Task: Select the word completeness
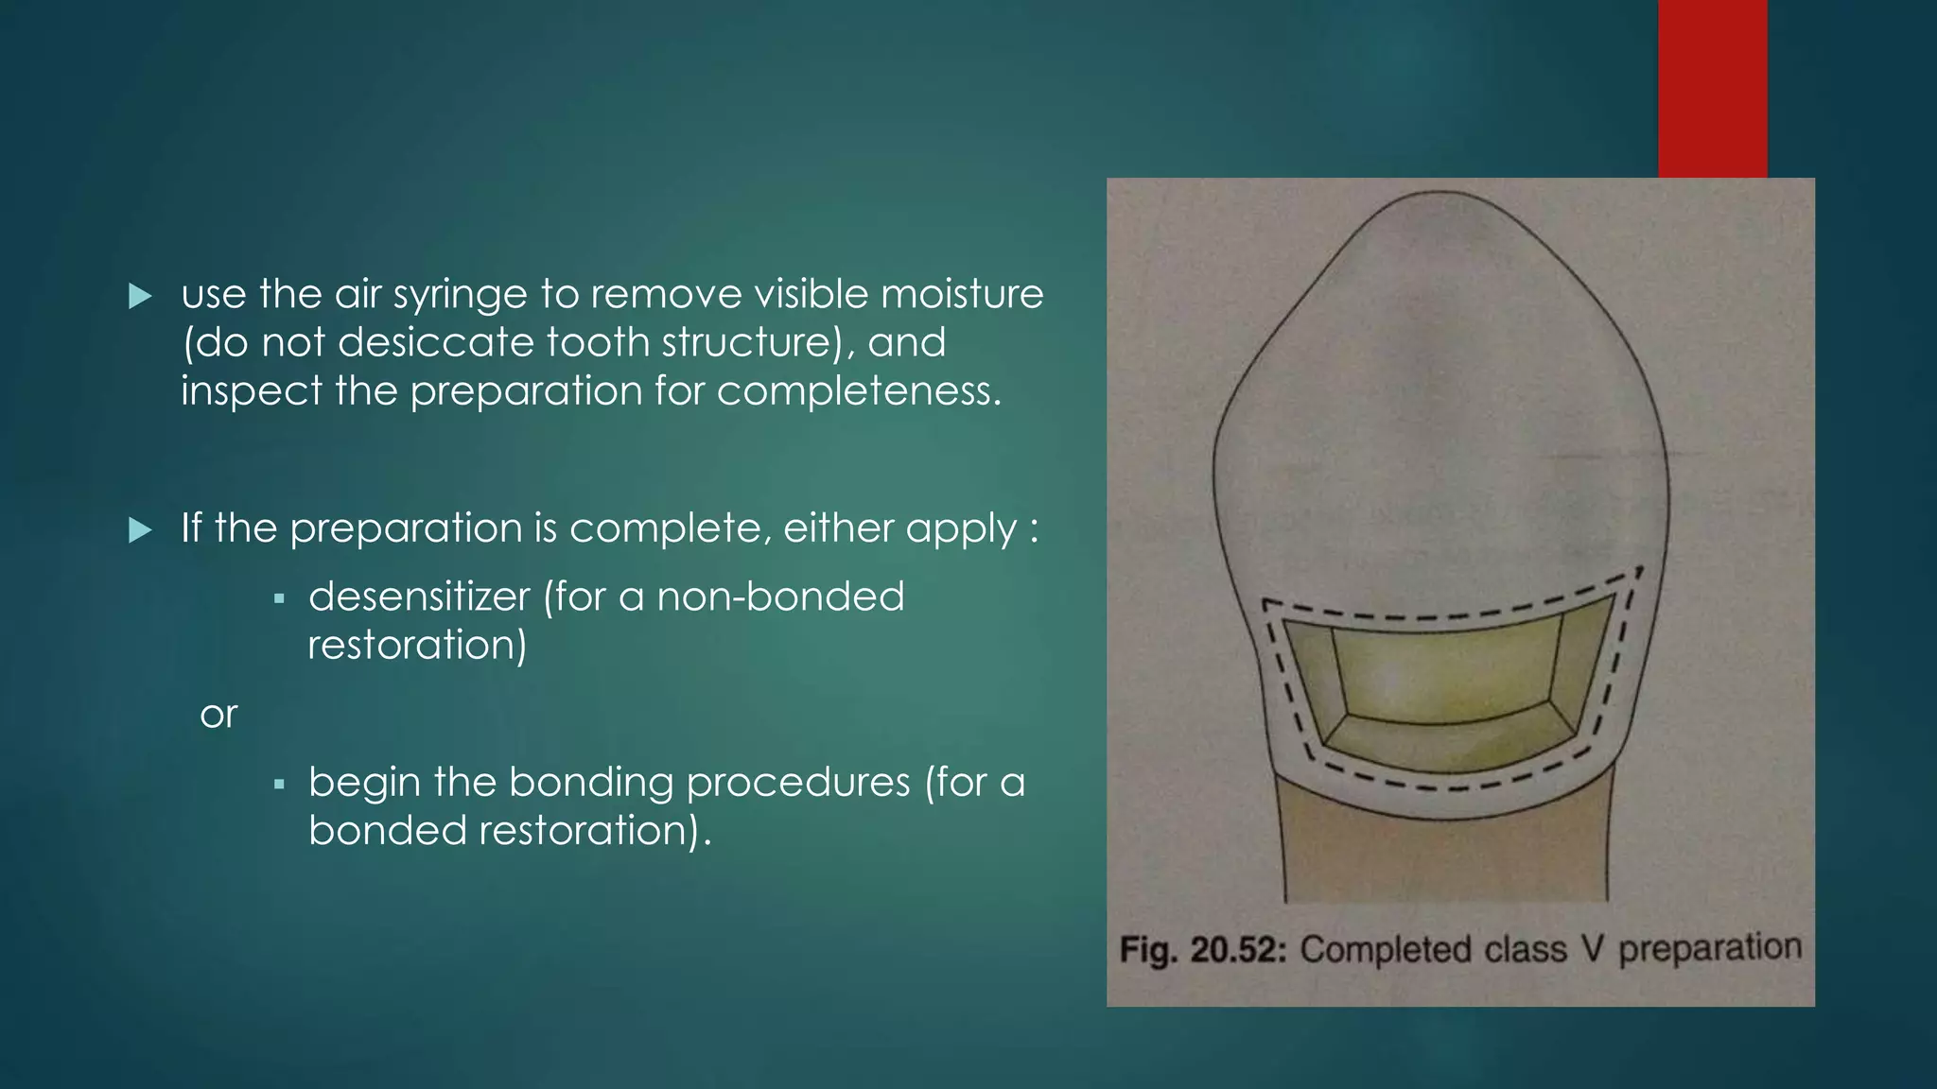[x=858, y=390]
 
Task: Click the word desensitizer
[x=419, y=596]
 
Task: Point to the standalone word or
[x=218, y=715]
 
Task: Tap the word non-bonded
[x=780, y=596]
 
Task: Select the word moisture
[x=962, y=294]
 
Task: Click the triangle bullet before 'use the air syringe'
[x=140, y=297]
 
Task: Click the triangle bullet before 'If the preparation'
[x=140, y=530]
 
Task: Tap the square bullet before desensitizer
[x=279, y=599]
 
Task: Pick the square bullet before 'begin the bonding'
[x=279, y=785]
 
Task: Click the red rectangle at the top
[x=1712, y=88]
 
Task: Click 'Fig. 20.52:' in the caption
[x=1202, y=949]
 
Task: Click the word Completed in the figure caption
[x=1386, y=949]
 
